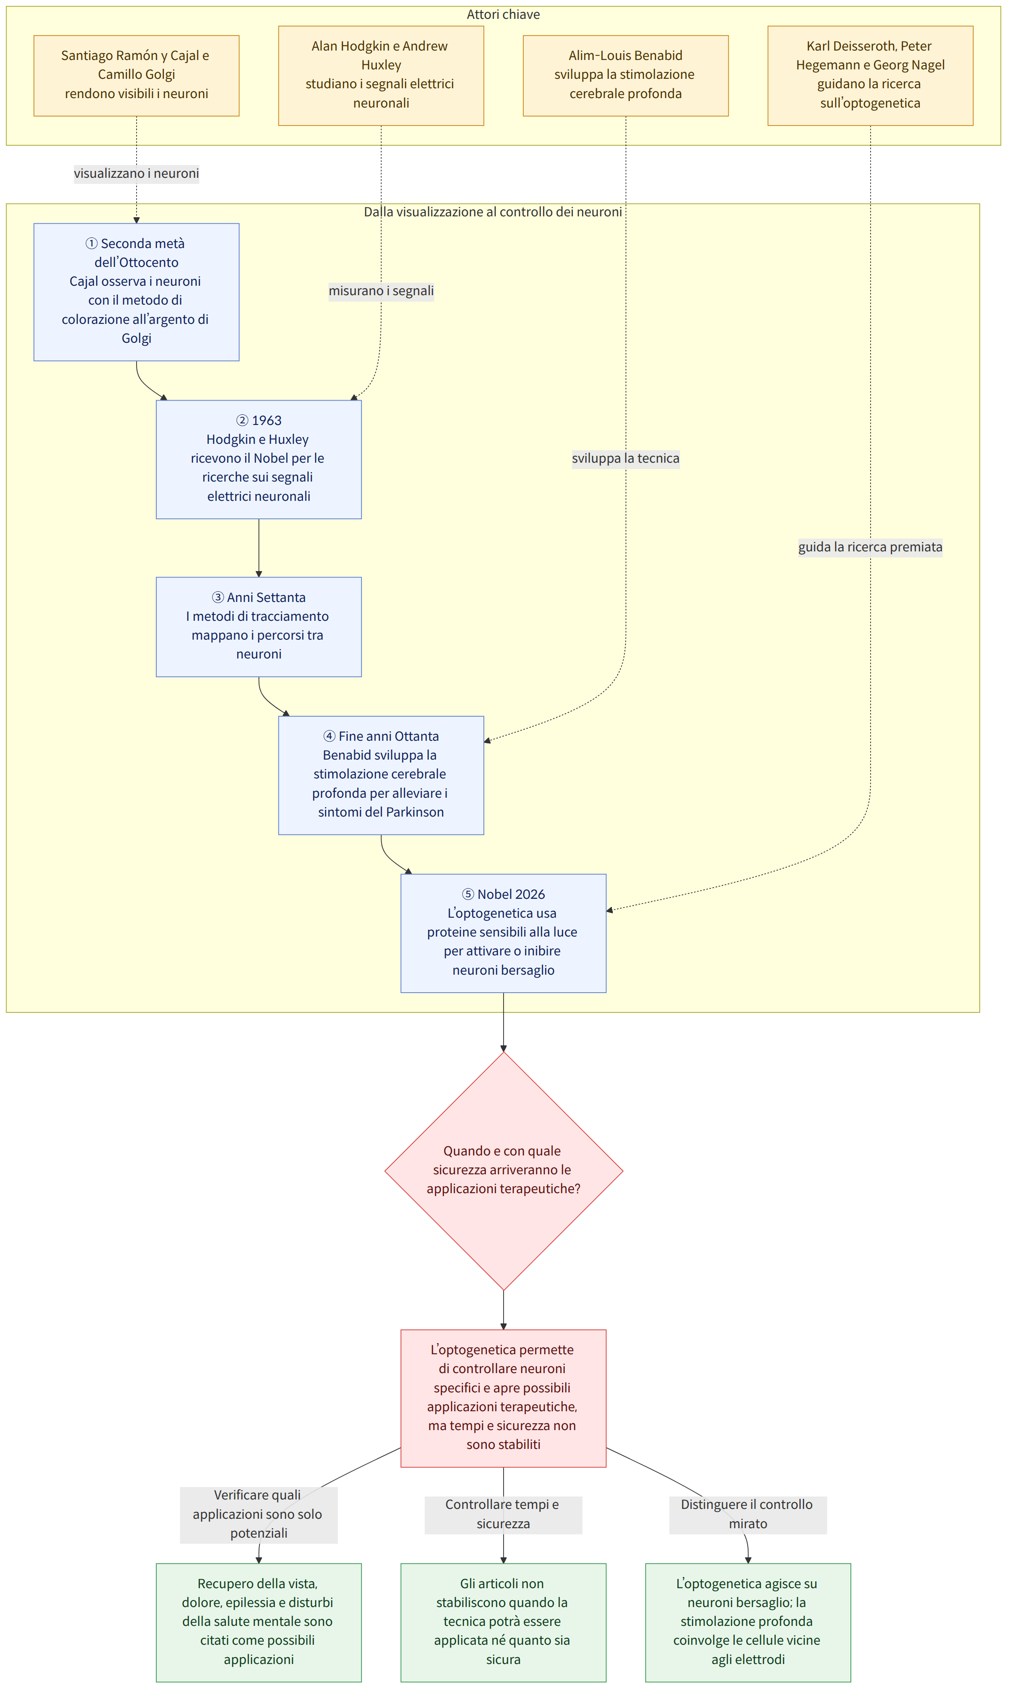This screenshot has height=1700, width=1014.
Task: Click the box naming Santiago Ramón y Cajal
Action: pyautogui.click(x=137, y=76)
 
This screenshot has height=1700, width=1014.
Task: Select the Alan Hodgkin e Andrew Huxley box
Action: pyautogui.click(x=381, y=76)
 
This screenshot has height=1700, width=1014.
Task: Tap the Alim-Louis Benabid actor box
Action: pyautogui.click(x=626, y=76)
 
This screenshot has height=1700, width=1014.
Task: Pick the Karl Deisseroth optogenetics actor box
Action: pyautogui.click(x=871, y=76)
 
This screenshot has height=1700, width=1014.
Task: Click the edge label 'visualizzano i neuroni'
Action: pyautogui.click(x=137, y=174)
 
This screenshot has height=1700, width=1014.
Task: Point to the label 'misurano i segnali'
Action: pyautogui.click(x=381, y=291)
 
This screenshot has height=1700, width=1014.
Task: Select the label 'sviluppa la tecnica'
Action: pyautogui.click(x=626, y=459)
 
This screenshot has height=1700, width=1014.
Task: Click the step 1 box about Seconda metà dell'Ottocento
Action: pyautogui.click(x=137, y=292)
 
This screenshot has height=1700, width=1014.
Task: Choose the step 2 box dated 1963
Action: pyautogui.click(x=259, y=459)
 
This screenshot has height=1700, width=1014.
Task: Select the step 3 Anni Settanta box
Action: pyautogui.click(x=259, y=627)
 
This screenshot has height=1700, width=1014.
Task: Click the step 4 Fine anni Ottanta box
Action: pyautogui.click(x=381, y=775)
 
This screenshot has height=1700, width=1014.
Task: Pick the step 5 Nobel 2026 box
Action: pyautogui.click(x=504, y=933)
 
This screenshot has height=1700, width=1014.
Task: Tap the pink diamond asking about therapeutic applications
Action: pyautogui.click(x=504, y=1171)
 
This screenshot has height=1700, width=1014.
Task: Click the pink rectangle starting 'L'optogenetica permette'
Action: pyautogui.click(x=504, y=1398)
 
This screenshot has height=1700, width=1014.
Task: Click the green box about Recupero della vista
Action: pyautogui.click(x=259, y=1622)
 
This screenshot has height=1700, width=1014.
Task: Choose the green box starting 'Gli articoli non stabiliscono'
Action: pyautogui.click(x=504, y=1622)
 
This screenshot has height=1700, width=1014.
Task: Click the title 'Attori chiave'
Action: pyautogui.click(x=504, y=15)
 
